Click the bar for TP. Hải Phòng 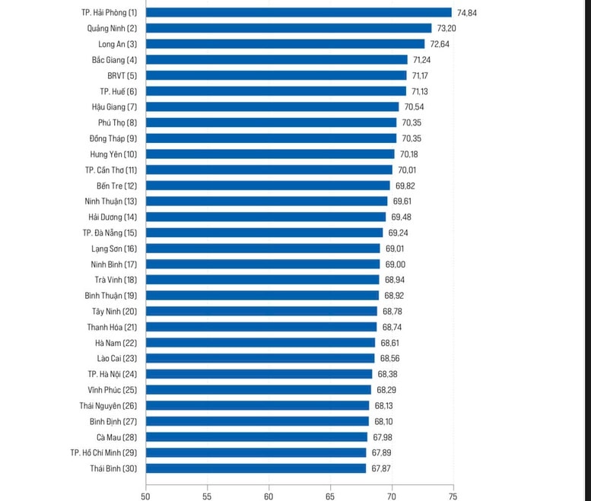pos(298,12)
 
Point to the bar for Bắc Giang pos(276,59)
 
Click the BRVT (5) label pos(122,75)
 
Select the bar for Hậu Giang pos(272,107)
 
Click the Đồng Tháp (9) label pos(113,138)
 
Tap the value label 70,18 pos(408,154)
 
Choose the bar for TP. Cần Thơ pos(268,170)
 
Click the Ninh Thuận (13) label pos(111,201)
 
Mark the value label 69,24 pos(398,233)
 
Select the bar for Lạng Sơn pos(262,249)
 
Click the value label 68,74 pos(392,327)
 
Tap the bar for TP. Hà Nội pos(259,374)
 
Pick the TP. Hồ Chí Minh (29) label pos(103,452)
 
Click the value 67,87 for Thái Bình pos(381,468)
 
